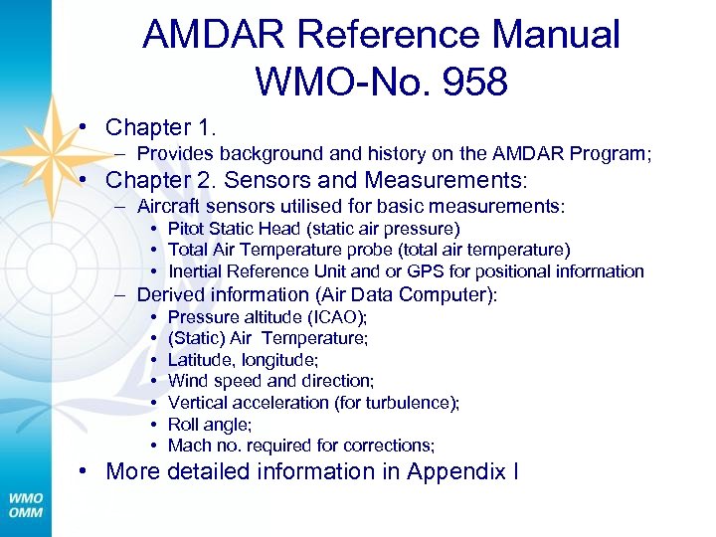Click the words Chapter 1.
(160, 127)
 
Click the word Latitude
(201, 360)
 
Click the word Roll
(185, 424)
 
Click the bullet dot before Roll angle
(154, 425)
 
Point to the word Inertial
(199, 271)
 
